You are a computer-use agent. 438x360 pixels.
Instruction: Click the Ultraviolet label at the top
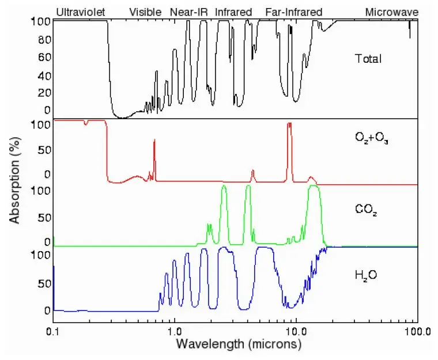coord(80,12)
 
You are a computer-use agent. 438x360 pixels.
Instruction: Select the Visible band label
coord(145,12)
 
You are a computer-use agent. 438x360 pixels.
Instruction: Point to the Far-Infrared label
coord(293,12)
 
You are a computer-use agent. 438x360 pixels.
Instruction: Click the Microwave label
coord(391,12)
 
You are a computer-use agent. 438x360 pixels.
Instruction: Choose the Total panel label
coord(369,58)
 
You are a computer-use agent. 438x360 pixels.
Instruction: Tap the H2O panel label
coord(367,275)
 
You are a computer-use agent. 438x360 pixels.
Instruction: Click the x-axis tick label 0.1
coord(53,332)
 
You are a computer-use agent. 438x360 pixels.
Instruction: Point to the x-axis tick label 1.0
coord(174,332)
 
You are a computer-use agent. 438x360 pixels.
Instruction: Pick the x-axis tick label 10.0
coord(296,332)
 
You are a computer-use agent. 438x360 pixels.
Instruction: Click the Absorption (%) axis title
coord(16,184)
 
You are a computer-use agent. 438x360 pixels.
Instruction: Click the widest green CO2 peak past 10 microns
coord(314,196)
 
